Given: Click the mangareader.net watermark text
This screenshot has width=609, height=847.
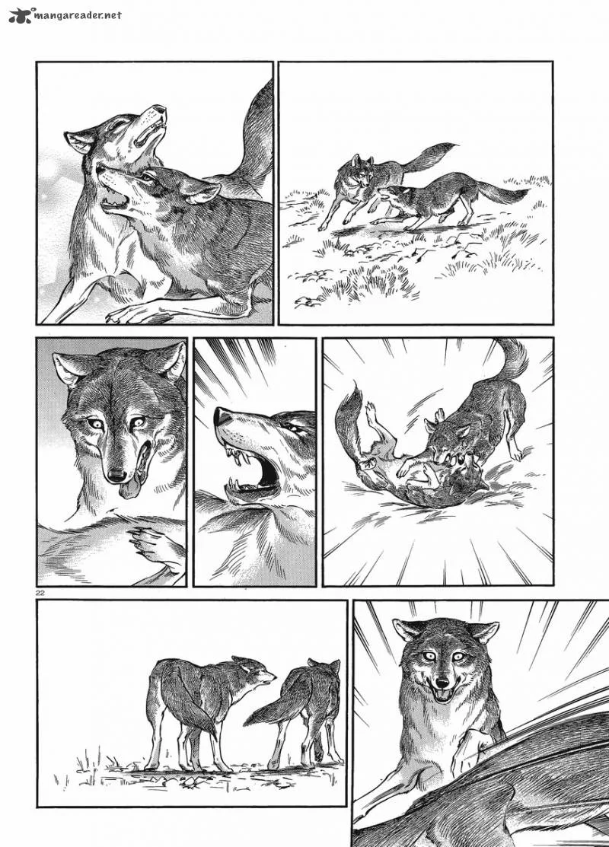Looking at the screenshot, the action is (x=78, y=16).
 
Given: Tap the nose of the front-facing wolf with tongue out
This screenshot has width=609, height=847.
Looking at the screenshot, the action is (x=116, y=475).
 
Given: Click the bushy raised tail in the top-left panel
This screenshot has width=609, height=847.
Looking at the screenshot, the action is (x=254, y=135).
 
